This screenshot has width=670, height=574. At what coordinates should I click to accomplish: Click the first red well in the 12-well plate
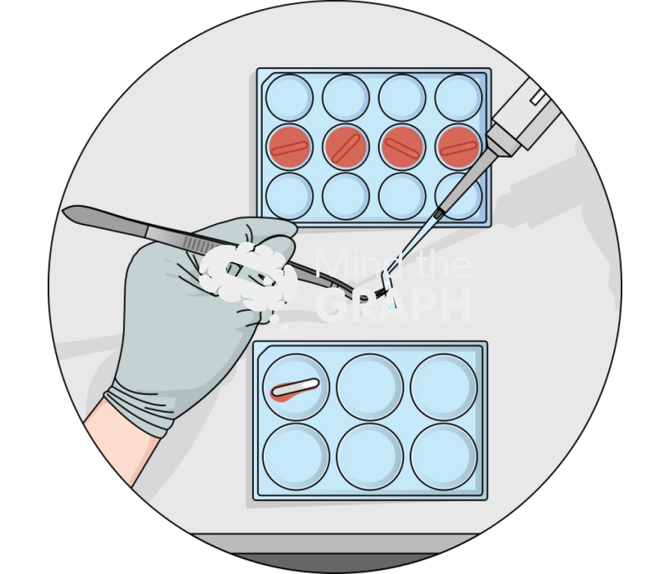(290, 147)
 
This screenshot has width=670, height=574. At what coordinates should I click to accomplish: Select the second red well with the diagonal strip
(345, 147)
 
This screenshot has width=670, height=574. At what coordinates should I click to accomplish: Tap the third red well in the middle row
(402, 147)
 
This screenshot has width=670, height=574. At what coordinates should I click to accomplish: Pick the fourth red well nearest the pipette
(458, 147)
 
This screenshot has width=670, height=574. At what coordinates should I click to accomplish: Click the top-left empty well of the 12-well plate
(290, 97)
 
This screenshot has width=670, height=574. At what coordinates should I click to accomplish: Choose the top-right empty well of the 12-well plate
(458, 97)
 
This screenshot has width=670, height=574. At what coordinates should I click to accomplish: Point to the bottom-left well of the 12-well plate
(290, 196)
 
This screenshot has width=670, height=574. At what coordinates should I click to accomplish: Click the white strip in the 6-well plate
(296, 387)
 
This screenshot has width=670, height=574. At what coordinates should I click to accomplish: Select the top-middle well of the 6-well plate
(369, 387)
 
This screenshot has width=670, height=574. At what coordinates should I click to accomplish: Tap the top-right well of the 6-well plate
(444, 387)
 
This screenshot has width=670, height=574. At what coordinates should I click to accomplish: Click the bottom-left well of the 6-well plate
(296, 457)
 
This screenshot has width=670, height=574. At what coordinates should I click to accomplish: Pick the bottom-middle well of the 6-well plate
(369, 457)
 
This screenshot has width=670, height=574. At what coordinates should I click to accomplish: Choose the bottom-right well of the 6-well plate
(444, 457)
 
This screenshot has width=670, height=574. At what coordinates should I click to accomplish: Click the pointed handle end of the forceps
(64, 211)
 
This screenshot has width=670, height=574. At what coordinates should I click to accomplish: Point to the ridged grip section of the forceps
(199, 244)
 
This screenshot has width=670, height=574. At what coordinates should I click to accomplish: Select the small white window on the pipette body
(537, 97)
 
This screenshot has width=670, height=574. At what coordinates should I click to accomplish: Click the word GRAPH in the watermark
(393, 305)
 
